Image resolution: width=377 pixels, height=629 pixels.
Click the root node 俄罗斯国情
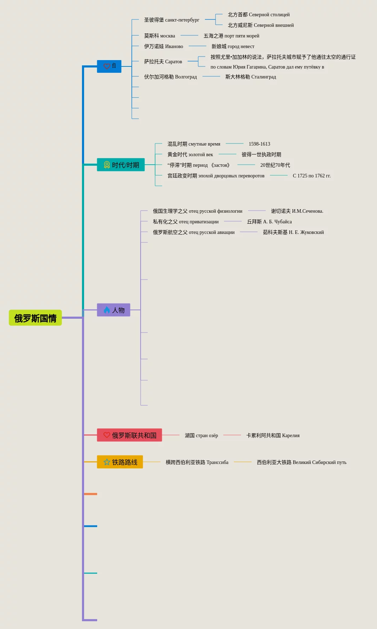(x=35, y=318)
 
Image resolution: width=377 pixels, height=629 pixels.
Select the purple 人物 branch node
(x=113, y=310)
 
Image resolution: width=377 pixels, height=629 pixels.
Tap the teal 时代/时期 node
(x=121, y=165)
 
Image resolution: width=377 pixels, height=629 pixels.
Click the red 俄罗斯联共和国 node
(x=129, y=435)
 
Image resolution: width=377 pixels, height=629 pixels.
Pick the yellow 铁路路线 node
(x=120, y=462)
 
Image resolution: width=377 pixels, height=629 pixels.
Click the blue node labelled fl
(x=109, y=66)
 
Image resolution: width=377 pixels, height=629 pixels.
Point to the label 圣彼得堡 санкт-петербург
(x=171, y=20)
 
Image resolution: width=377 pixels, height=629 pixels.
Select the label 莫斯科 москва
(x=159, y=36)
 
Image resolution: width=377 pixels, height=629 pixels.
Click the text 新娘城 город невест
(x=233, y=46)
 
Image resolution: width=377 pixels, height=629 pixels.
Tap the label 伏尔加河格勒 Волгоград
(x=170, y=77)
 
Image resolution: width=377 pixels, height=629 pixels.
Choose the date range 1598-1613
(x=259, y=144)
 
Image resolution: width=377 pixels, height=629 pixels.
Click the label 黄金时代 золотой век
(x=190, y=154)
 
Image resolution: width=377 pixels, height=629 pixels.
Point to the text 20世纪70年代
(x=275, y=165)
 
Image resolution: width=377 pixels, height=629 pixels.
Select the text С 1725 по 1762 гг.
(x=312, y=176)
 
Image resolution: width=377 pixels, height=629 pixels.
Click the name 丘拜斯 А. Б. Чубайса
(x=269, y=222)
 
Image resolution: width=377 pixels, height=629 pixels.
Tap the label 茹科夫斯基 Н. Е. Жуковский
(x=293, y=232)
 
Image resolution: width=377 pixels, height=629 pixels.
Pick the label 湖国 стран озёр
(x=201, y=435)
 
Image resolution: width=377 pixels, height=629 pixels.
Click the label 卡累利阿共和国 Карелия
(x=273, y=435)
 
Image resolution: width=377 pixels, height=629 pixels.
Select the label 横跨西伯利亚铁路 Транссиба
(x=197, y=462)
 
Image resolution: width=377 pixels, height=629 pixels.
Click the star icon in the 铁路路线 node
(x=107, y=462)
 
